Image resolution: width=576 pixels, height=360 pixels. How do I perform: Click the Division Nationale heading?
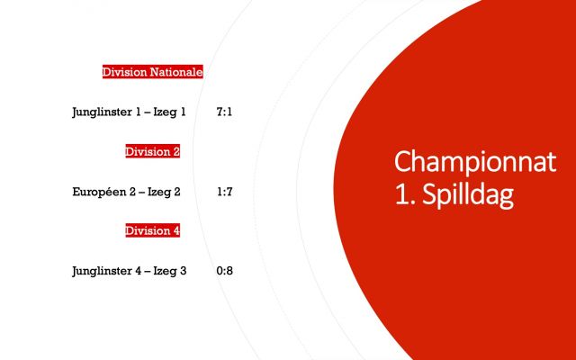(152, 72)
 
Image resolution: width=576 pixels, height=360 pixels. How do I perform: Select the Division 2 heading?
(152, 151)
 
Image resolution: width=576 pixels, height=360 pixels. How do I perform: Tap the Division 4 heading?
(152, 230)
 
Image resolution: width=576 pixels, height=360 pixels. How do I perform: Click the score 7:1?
(224, 112)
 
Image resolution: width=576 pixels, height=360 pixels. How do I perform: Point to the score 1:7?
(224, 192)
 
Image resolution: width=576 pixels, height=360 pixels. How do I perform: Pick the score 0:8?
(224, 271)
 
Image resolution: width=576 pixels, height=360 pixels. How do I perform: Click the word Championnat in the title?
(475, 161)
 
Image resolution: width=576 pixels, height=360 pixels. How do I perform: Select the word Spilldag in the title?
(468, 194)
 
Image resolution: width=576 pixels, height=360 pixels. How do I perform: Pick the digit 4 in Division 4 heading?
(176, 230)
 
